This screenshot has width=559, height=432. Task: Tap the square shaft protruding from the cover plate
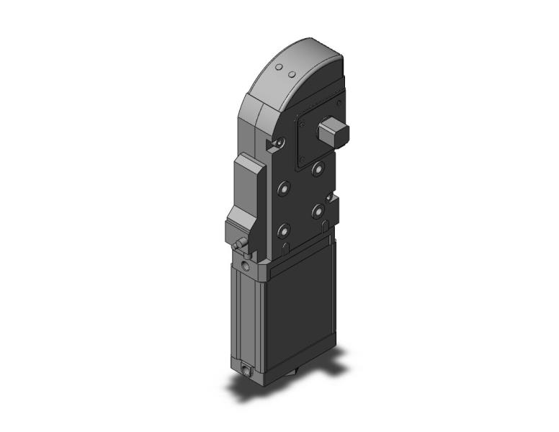[x=334, y=132]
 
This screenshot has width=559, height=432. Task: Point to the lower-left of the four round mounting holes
[x=283, y=232]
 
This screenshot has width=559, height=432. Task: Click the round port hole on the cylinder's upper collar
[x=249, y=268]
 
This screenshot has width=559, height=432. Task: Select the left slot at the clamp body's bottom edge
[x=286, y=249]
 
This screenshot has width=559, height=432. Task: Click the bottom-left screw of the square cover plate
[x=303, y=159]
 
